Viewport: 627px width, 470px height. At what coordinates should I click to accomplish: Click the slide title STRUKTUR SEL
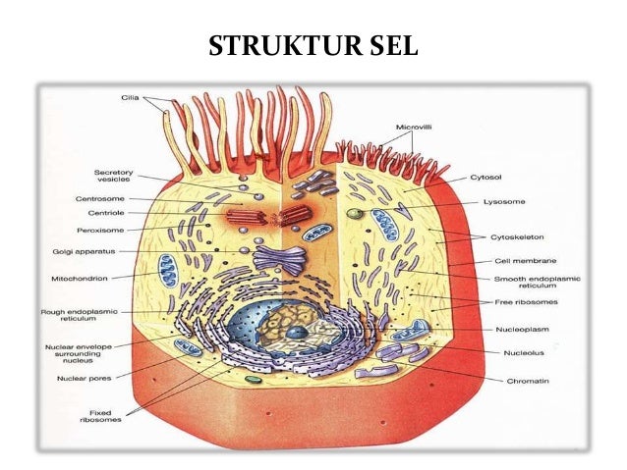click(313, 45)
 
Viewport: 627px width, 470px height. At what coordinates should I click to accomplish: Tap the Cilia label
click(131, 98)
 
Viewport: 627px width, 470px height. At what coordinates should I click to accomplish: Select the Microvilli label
click(414, 127)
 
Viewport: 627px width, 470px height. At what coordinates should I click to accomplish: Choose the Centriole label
click(105, 214)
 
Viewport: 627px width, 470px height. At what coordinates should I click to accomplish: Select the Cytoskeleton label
click(515, 237)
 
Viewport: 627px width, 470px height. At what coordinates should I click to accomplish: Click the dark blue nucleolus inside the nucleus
click(296, 334)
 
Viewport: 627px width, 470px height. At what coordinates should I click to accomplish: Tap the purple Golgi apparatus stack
click(279, 260)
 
